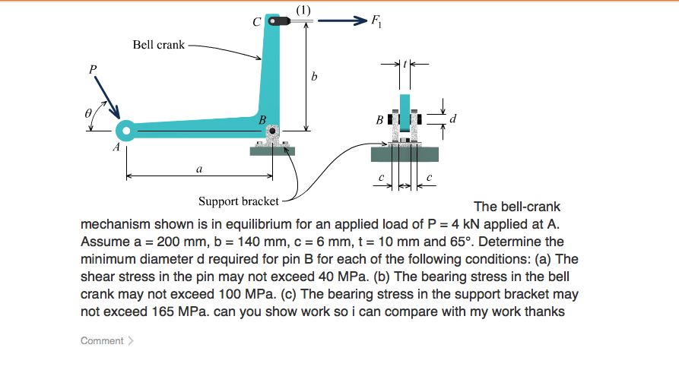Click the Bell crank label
point(158,45)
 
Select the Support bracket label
point(238,201)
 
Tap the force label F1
point(376,22)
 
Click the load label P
point(93,69)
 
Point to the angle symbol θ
point(89,112)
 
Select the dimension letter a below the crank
point(198,169)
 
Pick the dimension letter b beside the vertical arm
point(313,76)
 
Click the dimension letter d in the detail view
point(453,119)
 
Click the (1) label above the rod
point(303,8)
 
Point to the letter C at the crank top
point(258,22)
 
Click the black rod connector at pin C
point(283,21)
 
